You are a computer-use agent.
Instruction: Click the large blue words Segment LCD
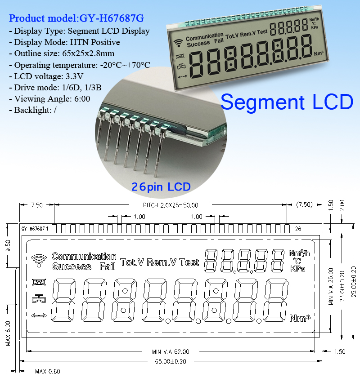[287, 102]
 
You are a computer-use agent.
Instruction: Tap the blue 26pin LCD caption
[161, 186]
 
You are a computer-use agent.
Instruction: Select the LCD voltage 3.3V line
[50, 76]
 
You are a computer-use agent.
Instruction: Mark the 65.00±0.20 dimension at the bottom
[171, 361]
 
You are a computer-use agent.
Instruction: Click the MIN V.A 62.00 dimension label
[171, 351]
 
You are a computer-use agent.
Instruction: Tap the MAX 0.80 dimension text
[47, 372]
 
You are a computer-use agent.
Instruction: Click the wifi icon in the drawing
[40, 260]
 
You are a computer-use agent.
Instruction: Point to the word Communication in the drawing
[84, 257]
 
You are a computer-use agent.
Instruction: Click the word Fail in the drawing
[107, 266]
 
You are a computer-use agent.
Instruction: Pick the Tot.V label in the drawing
[132, 262]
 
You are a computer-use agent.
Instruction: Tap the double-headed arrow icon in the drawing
[39, 315]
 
